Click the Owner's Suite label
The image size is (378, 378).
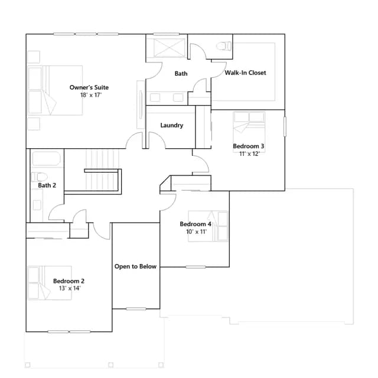(89, 87)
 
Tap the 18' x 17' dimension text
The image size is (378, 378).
(91, 95)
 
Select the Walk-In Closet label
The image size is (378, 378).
(246, 73)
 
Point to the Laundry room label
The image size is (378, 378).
(172, 125)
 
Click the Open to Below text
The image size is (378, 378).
(135, 266)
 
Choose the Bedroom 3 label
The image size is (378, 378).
(249, 146)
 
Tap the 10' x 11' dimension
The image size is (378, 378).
(196, 232)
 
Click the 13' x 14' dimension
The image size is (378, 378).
(70, 288)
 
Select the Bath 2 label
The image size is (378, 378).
(47, 185)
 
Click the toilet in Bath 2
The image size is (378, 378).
(40, 177)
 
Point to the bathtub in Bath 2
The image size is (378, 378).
(46, 159)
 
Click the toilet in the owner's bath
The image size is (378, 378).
(224, 46)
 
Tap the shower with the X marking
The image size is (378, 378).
(170, 48)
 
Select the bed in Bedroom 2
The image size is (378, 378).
(50, 283)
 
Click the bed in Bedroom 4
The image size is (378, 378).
(208, 226)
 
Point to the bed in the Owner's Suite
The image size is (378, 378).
(55, 90)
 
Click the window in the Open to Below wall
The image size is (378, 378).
(136, 309)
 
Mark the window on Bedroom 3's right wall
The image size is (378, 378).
(285, 126)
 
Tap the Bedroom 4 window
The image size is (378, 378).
(195, 267)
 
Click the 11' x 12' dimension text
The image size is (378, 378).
(249, 154)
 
